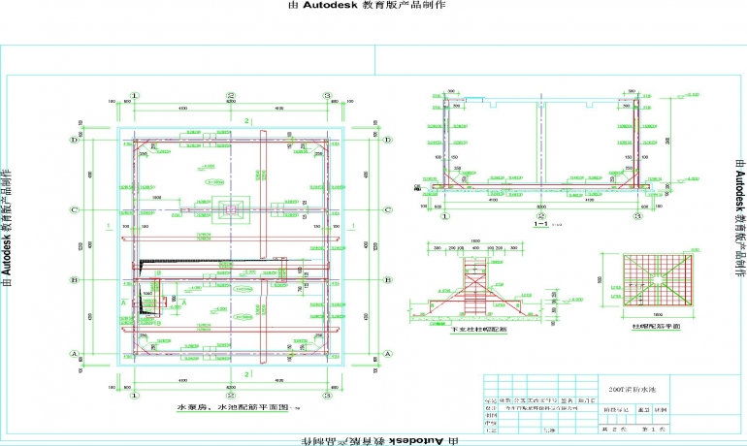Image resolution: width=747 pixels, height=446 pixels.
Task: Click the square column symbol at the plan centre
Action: click(230, 208)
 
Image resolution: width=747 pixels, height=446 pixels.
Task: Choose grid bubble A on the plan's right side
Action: click(386, 355)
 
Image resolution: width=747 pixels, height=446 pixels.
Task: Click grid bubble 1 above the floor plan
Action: click(135, 96)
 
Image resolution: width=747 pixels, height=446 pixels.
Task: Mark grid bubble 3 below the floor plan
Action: click(327, 393)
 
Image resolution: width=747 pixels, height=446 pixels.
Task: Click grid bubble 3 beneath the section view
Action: click(638, 215)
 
